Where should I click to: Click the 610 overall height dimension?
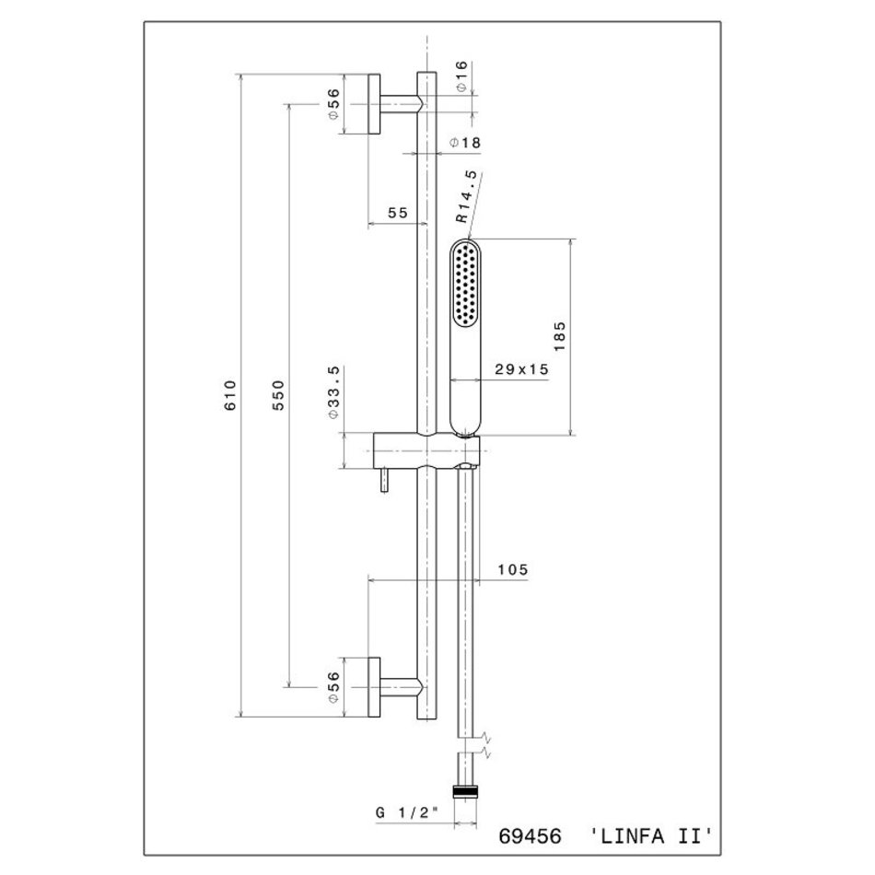click(230, 395)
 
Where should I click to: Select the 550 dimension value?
click(278, 395)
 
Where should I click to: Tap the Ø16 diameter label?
click(461, 76)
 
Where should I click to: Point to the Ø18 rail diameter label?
click(465, 143)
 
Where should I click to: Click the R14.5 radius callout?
click(467, 196)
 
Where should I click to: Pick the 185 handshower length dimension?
click(560, 336)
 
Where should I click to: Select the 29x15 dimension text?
click(521, 368)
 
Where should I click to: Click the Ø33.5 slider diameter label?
click(333, 392)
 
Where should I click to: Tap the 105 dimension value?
click(512, 570)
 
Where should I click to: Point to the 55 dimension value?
click(398, 213)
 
